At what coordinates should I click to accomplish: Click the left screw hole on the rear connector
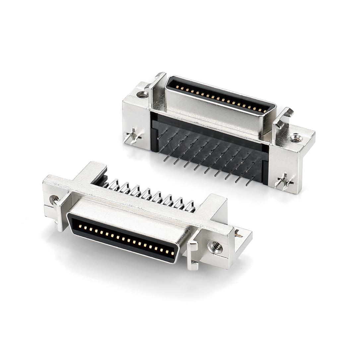click(142, 94)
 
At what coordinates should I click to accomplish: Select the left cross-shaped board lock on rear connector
click(132, 136)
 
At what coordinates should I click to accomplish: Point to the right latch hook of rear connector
click(283, 118)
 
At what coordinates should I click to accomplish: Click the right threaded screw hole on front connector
click(215, 247)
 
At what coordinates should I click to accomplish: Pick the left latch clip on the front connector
click(62, 210)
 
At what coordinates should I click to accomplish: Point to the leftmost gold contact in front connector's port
click(80, 226)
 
